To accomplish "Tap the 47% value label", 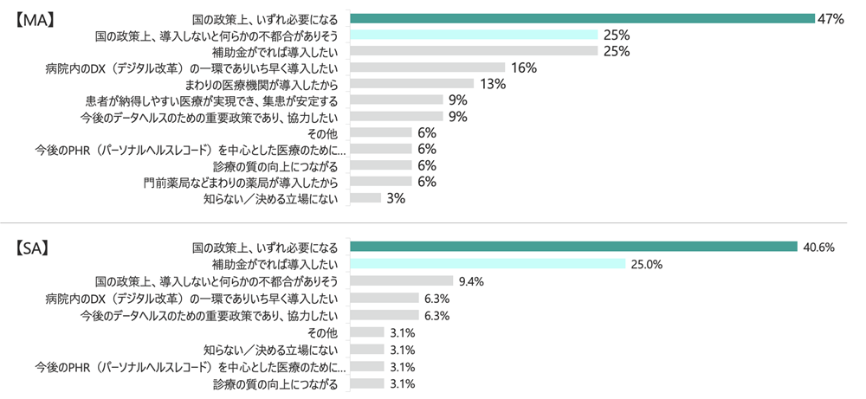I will (x=830, y=18).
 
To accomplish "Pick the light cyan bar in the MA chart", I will (x=474, y=35).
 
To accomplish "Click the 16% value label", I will (x=525, y=68).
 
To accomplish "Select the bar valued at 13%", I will (x=411, y=84).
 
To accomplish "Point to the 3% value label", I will (x=395, y=198).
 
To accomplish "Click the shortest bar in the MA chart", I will (x=365, y=198).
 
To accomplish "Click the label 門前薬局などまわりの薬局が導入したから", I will (x=242, y=182).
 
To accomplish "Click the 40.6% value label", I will (x=818, y=247).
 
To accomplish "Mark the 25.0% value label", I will (x=646, y=264).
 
